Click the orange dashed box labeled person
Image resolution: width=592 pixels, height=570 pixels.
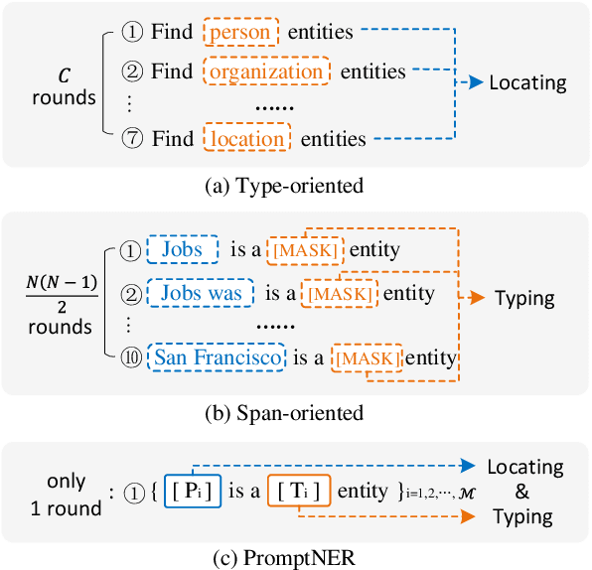coord(241,33)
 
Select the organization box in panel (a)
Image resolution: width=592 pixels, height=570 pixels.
coord(265,71)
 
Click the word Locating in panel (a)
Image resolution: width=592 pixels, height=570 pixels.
coord(527,83)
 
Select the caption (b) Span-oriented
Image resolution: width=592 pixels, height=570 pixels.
coord(295,412)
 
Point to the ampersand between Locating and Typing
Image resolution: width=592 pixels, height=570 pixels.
coord(524,493)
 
